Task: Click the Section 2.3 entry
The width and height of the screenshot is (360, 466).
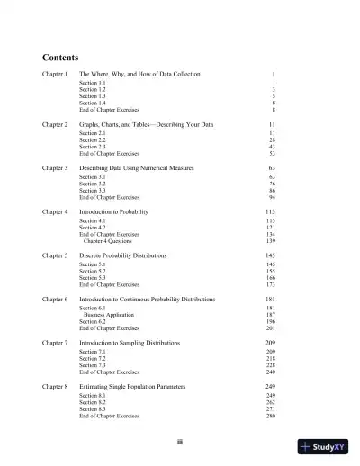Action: point(91,147)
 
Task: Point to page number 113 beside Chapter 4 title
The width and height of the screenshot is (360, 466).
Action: point(270,211)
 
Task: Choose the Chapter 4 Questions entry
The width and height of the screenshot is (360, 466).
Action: point(103,241)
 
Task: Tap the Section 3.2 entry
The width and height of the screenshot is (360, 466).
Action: point(91,184)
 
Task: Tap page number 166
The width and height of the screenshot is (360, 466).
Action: point(270,278)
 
